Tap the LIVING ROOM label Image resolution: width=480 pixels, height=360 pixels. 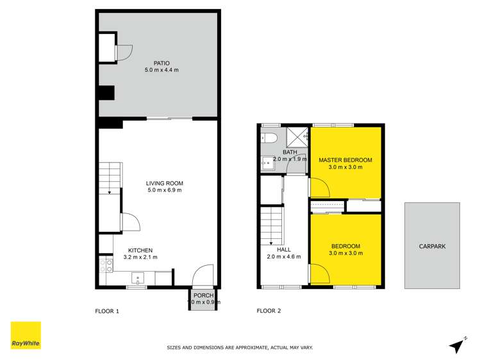tap(165, 183)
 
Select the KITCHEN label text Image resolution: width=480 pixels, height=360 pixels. tap(140, 250)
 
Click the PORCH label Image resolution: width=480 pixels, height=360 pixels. tap(203, 295)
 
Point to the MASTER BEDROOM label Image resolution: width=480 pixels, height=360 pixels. tap(345, 160)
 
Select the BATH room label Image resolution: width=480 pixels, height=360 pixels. tap(281, 152)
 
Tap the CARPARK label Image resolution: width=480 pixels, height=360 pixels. tap(431, 246)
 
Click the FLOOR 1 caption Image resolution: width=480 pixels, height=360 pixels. tap(107, 311)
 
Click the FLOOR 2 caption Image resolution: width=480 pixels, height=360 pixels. tap(269, 311)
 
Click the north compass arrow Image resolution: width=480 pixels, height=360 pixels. tap(457, 345)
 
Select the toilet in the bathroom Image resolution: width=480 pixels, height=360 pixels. tap(270, 137)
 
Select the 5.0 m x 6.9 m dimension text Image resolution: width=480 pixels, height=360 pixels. tap(165, 190)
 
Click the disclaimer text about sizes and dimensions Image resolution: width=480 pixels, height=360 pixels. tap(240, 347)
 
